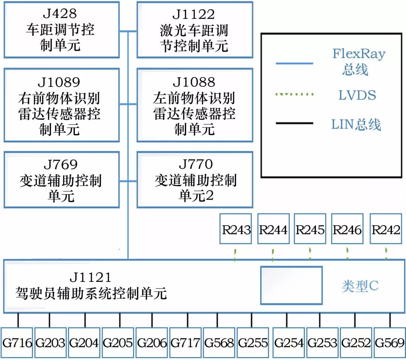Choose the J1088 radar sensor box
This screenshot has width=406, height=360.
(x=194, y=105)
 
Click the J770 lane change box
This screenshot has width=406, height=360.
(x=194, y=180)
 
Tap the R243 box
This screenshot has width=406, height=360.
(x=236, y=230)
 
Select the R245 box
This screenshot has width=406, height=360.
(x=310, y=230)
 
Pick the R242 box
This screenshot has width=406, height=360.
(x=386, y=230)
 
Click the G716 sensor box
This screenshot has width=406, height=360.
(x=17, y=343)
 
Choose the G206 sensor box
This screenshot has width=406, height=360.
(x=152, y=343)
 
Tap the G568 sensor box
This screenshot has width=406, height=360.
(x=219, y=343)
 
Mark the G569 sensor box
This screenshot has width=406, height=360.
(x=389, y=343)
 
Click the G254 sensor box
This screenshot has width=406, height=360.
(x=289, y=343)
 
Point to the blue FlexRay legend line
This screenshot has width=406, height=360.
(x=294, y=64)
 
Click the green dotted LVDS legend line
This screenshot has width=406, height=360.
(x=294, y=94)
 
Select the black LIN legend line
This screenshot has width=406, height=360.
(x=294, y=123)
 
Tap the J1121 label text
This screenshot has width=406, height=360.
(x=91, y=277)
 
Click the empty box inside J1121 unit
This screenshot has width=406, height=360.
(x=291, y=285)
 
